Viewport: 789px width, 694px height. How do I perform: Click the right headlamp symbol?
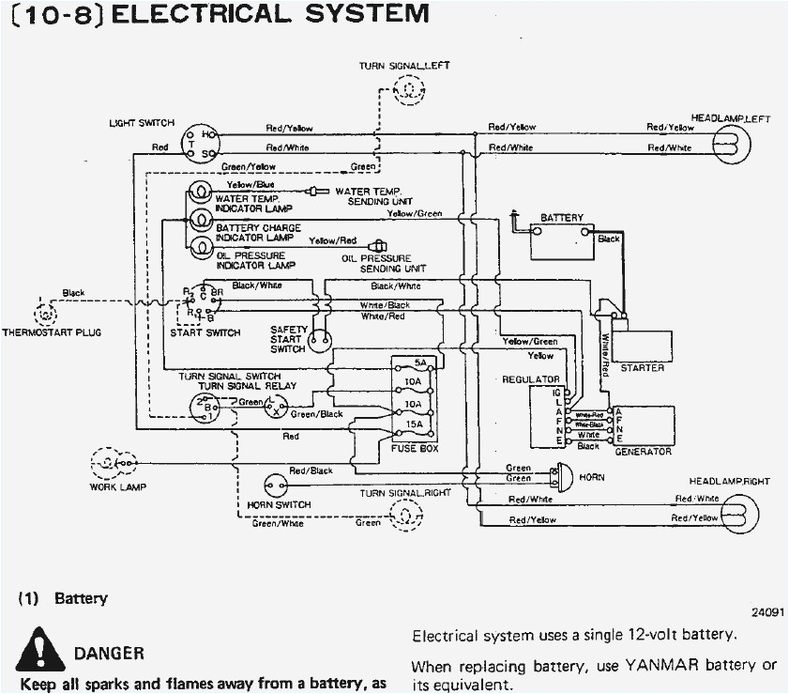(731, 511)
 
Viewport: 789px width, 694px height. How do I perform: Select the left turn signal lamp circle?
(410, 89)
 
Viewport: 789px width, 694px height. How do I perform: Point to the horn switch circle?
(276, 486)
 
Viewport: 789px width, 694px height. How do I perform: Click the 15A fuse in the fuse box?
(412, 424)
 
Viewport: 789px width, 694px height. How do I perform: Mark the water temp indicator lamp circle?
(200, 193)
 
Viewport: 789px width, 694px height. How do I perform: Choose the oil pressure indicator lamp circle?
(200, 247)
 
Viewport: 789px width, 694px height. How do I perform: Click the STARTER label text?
(642, 368)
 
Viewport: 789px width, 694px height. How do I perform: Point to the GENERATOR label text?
(643, 452)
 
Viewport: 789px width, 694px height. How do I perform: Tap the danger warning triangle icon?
(38, 647)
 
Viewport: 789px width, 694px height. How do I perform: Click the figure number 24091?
(766, 611)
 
